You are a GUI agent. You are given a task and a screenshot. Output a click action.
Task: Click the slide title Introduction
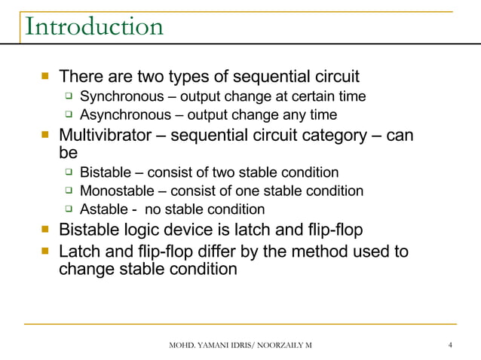point(93,26)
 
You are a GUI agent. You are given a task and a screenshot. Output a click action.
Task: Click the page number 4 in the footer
point(449,345)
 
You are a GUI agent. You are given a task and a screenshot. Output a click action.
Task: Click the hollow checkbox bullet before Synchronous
point(68,97)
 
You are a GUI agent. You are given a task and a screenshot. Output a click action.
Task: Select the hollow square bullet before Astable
point(68,209)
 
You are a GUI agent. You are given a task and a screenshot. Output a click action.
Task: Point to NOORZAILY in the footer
point(277,345)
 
